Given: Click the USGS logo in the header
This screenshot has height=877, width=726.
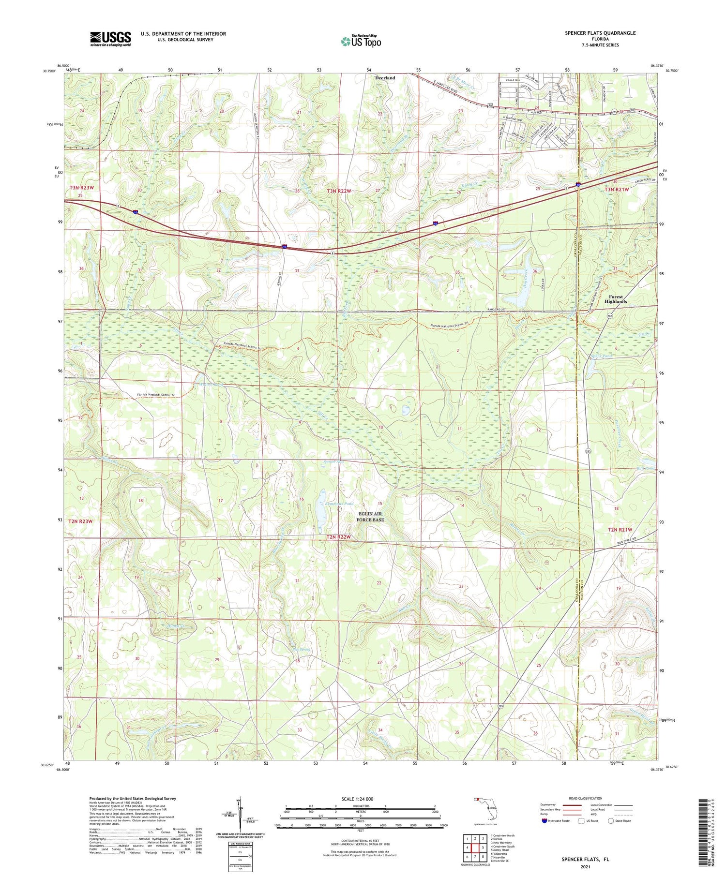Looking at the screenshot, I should [110, 39].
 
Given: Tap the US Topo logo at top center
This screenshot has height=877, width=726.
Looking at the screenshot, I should [361, 41].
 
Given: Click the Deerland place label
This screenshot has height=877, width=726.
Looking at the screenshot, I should [385, 78].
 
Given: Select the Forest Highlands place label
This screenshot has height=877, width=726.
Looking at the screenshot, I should [616, 299].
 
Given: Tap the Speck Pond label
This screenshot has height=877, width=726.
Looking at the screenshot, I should [602, 356].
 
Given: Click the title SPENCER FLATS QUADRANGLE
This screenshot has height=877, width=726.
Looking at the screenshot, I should [600, 33].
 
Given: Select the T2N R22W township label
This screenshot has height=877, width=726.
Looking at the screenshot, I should [338, 537].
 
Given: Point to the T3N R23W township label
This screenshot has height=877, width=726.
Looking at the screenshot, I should [80, 187].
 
